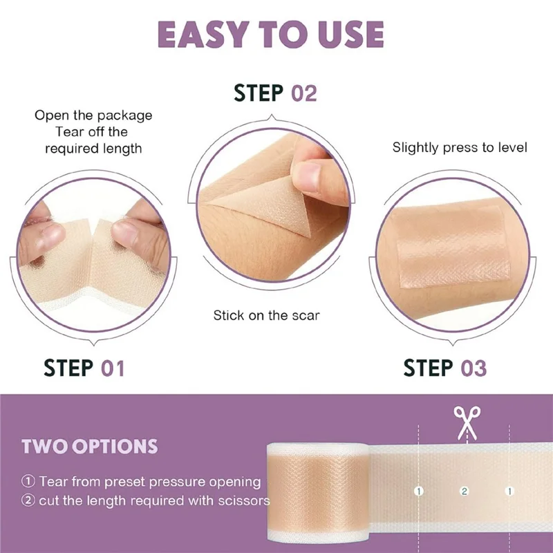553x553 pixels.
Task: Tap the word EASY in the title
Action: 210,35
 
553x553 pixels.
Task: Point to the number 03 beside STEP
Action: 473,368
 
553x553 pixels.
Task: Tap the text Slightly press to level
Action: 460,147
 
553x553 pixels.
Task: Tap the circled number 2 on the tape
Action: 465,491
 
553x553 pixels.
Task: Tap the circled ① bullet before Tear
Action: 28,481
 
